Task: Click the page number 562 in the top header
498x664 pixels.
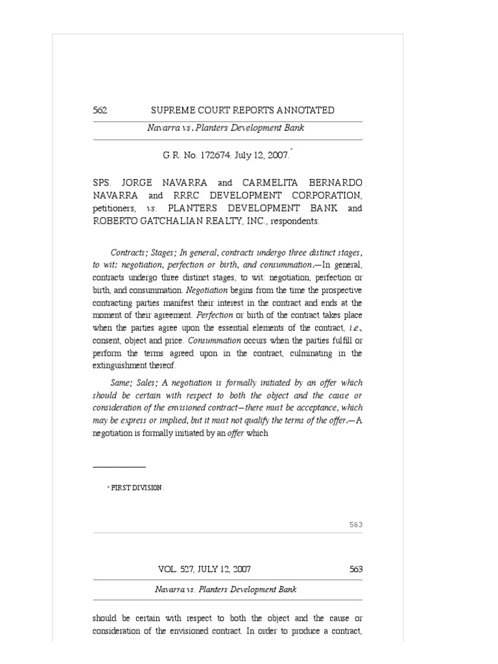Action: tap(100, 110)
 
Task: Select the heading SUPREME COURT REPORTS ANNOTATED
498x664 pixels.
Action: tap(243, 110)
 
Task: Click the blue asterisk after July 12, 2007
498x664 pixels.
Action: tap(292, 150)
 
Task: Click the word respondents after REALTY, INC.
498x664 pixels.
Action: tap(296, 221)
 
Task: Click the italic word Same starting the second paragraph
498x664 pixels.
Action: tap(121, 383)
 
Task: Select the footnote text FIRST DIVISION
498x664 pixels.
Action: tap(137, 488)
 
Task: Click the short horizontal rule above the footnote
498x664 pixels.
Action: tap(119, 466)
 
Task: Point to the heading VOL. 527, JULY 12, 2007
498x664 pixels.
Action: tap(205, 569)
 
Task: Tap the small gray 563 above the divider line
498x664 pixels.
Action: tap(355, 525)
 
